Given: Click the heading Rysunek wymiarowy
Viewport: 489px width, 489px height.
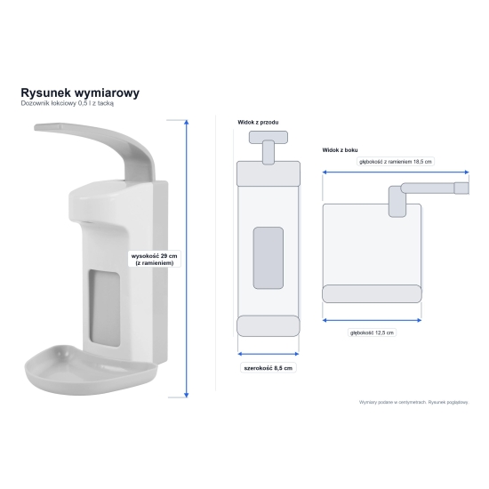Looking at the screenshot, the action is click(80, 93).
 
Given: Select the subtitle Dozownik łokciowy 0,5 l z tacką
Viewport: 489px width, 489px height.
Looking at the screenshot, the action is click(68, 103).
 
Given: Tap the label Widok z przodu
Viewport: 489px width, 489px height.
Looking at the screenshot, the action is click(258, 123).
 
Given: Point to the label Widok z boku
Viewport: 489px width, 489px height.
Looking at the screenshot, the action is click(340, 150).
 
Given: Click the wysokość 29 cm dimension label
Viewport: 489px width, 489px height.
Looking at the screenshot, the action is click(155, 259).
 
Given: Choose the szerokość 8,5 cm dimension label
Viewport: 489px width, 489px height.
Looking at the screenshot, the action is click(269, 368).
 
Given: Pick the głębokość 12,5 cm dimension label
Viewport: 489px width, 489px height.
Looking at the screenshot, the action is click(372, 333).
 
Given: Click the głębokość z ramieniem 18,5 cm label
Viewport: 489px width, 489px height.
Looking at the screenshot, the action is click(396, 162).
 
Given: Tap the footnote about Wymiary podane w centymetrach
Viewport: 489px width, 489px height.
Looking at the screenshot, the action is click(413, 402).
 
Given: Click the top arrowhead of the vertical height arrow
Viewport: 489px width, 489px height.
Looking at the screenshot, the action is click(187, 122).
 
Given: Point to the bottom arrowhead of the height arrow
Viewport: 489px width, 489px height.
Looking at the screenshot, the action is click(187, 396).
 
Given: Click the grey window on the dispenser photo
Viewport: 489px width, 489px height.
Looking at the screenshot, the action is click(105, 309).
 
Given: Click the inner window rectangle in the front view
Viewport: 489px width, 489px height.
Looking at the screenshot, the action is click(269, 258).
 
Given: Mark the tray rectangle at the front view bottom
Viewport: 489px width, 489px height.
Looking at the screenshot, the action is click(269, 326).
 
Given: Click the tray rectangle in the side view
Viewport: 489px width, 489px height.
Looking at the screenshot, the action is click(372, 293).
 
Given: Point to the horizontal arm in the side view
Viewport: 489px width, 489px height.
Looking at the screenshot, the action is click(435, 188).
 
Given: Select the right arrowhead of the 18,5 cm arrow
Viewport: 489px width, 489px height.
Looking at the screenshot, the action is click(467, 172).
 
